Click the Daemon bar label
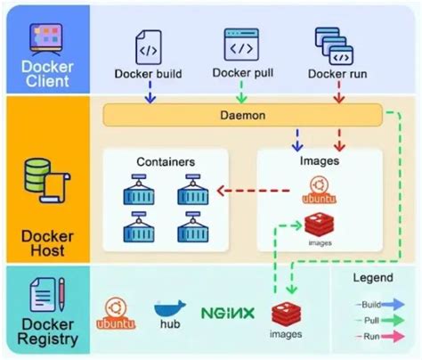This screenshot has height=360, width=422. coord(240,116)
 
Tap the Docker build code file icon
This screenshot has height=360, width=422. coord(149,45)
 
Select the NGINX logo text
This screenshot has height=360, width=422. coord(228,314)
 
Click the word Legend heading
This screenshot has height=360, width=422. coord(371,278)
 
